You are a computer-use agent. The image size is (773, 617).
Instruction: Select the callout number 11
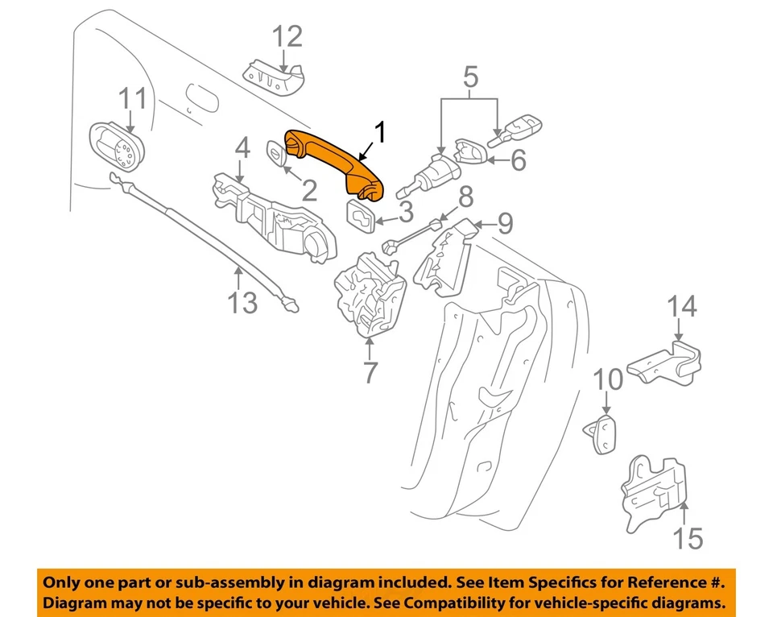click(x=133, y=99)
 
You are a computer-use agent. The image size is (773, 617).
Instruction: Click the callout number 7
click(x=370, y=373)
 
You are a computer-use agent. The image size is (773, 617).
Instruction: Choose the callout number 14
click(x=681, y=307)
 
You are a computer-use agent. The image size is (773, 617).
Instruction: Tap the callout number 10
click(x=609, y=379)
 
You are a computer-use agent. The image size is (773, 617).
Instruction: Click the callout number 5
click(x=471, y=77)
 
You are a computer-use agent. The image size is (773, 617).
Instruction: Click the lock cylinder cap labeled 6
click(x=469, y=155)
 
